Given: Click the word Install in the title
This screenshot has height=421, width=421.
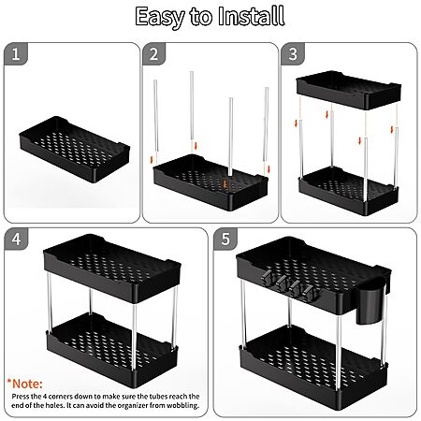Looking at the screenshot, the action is [251, 16].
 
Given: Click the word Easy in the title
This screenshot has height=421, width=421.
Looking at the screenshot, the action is [160, 18].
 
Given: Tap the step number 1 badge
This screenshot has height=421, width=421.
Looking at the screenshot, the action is [16, 54].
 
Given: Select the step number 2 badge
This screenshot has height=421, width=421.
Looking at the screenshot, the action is [153, 54].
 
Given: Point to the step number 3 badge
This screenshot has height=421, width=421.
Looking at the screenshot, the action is [293, 54].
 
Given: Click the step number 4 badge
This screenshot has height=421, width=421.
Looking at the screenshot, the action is [16, 239].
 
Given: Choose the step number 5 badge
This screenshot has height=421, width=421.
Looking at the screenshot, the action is [225, 239].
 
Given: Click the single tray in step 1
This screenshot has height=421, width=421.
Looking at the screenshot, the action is [75, 150].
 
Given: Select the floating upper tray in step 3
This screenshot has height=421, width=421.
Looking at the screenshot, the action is [349, 90].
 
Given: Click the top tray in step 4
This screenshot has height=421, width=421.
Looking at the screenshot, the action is [112, 269].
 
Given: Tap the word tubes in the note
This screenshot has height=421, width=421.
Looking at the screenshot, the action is [158, 397].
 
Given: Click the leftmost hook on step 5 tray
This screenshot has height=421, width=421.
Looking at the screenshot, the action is [268, 278].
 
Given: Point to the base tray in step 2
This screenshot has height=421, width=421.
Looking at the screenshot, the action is [210, 181].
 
